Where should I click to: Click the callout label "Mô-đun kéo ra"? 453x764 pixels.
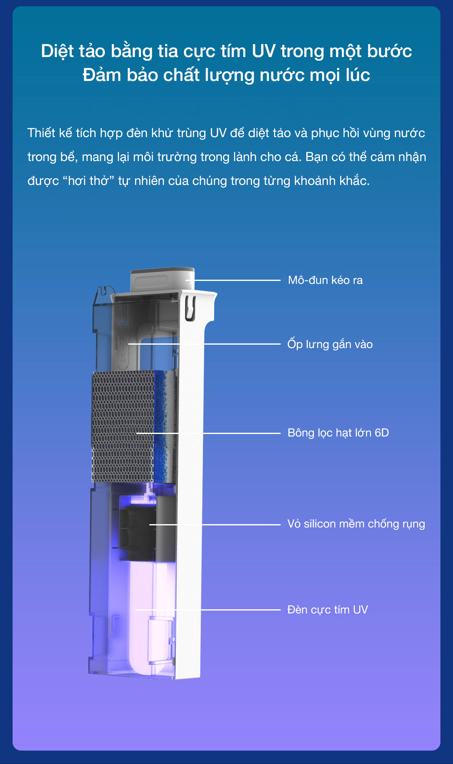click(325, 280)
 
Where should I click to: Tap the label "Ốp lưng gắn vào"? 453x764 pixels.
click(330, 344)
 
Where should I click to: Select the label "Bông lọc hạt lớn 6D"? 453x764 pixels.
click(338, 433)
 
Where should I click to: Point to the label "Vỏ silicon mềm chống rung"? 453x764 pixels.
click(356, 524)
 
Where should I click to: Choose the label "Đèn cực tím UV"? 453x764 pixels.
click(327, 610)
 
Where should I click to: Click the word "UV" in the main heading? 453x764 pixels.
click(263, 51)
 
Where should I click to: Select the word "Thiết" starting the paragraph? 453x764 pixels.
click(41, 133)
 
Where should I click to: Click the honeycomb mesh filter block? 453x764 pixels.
click(122, 426)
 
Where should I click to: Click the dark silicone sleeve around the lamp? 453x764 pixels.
click(138, 533)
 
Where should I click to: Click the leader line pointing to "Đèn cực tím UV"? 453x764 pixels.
click(239, 610)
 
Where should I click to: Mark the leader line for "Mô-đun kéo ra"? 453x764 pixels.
click(235, 280)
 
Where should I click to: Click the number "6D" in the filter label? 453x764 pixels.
click(382, 433)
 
